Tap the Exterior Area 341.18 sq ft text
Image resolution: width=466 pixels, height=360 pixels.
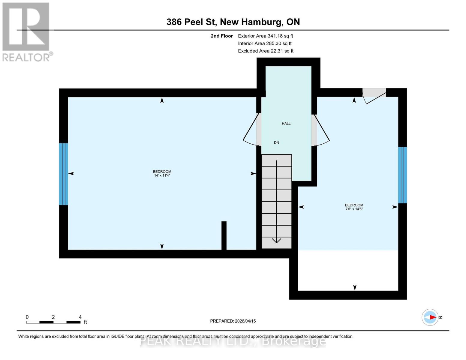pos(265,36)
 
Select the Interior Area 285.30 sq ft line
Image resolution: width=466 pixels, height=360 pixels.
pos(265,43)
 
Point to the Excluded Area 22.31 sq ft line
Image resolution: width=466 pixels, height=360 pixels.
pos(266,51)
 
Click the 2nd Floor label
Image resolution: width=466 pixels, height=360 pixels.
pos(222,36)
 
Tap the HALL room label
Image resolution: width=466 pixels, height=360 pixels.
pos(286,124)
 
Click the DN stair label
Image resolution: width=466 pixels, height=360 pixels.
pos(276,143)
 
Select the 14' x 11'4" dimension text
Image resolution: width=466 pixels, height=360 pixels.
pos(162,175)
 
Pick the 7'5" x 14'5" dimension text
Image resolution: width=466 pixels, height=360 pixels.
pos(354,209)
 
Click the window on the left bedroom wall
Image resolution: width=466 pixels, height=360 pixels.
pos(63,174)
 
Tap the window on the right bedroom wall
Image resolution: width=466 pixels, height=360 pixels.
pos(402,175)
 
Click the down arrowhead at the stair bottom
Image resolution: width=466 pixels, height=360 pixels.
pos(276,240)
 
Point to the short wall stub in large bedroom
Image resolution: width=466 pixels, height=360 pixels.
pos(224,235)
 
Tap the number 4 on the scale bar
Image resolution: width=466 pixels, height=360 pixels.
pos(80,317)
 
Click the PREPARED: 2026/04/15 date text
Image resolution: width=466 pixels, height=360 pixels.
pos(233,321)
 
